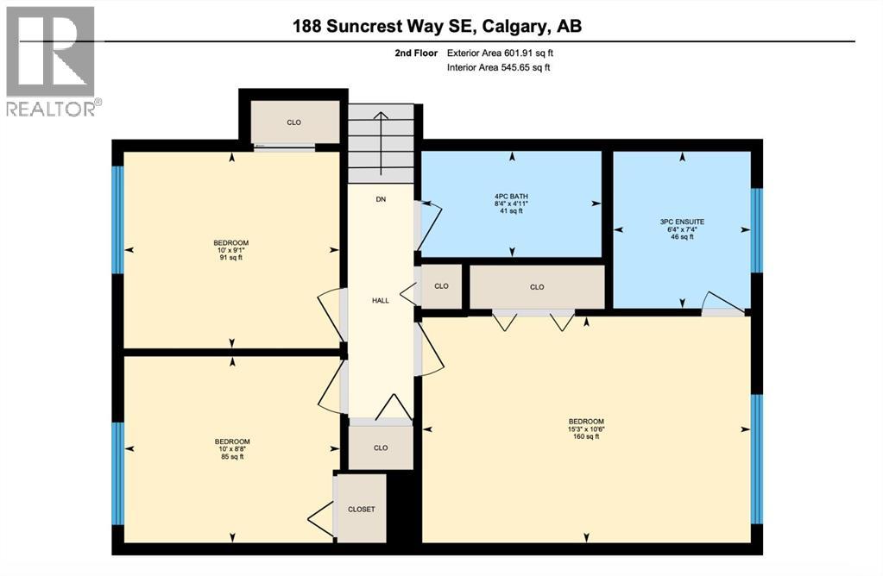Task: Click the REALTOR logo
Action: click(x=51, y=60)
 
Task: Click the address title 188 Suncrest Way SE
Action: click(x=437, y=26)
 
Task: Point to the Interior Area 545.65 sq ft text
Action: click(x=498, y=67)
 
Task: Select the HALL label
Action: click(x=381, y=301)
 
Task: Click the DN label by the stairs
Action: click(x=381, y=199)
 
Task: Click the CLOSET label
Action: click(x=361, y=510)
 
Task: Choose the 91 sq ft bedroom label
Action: click(x=230, y=249)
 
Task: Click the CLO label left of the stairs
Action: click(x=293, y=122)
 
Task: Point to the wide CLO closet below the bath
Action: click(x=537, y=287)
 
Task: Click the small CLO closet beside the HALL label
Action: click(x=441, y=286)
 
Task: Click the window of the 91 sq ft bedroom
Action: click(x=118, y=220)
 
